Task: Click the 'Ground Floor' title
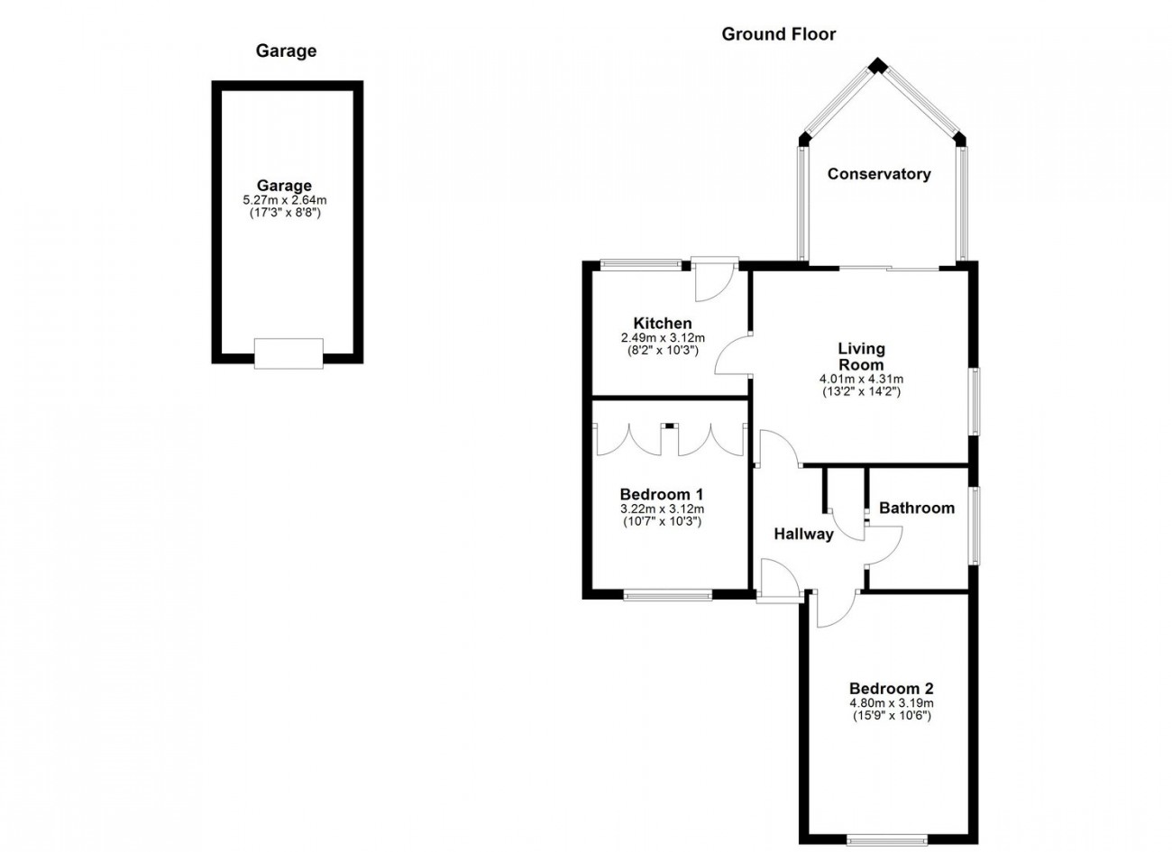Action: click(779, 34)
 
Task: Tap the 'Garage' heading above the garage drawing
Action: click(286, 50)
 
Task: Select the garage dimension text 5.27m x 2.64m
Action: click(285, 200)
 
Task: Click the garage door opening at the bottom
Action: click(288, 353)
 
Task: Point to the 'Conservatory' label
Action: click(879, 174)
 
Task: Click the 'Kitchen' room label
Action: click(663, 323)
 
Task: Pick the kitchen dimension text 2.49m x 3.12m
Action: click(663, 338)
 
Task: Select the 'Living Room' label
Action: click(861, 356)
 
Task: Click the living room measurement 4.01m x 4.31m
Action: click(861, 379)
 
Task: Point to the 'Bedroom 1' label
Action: click(662, 494)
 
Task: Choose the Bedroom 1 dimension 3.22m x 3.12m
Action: click(662, 508)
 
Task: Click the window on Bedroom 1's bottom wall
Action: click(668, 594)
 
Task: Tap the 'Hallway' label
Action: click(803, 534)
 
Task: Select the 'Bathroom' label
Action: click(917, 508)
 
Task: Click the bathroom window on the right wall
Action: click(976, 526)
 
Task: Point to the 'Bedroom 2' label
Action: click(892, 688)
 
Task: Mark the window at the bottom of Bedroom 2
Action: click(887, 841)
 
